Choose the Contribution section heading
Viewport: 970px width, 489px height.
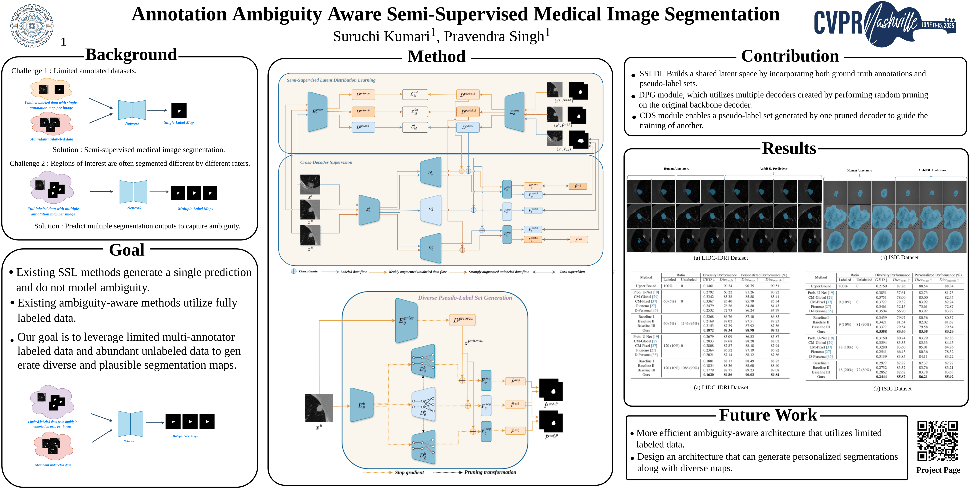point(790,56)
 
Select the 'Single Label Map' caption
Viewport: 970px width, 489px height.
point(178,122)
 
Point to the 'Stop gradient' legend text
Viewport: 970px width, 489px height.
point(409,473)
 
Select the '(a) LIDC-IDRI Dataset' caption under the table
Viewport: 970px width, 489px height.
point(721,387)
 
